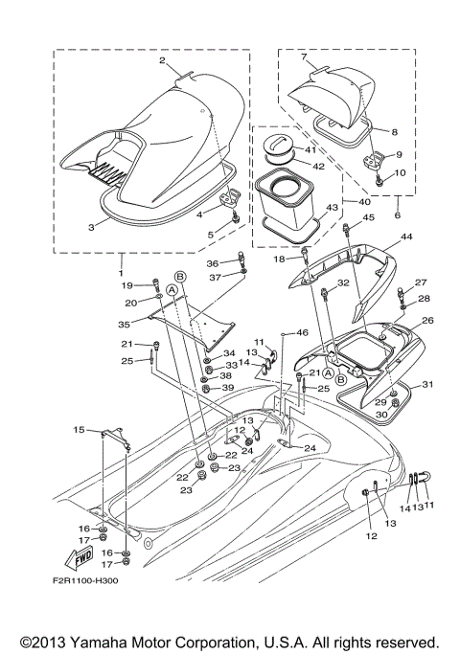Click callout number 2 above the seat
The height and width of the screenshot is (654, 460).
coord(163,61)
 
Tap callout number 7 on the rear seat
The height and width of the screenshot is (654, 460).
coord(303,57)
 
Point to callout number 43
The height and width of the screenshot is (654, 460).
coord(332,208)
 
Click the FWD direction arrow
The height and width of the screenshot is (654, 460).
coord(84,554)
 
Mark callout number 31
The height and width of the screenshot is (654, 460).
coord(428,385)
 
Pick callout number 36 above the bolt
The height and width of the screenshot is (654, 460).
coord(214,263)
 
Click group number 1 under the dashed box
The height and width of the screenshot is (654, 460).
coord(122,261)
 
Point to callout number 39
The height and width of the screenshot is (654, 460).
coord(229,388)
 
